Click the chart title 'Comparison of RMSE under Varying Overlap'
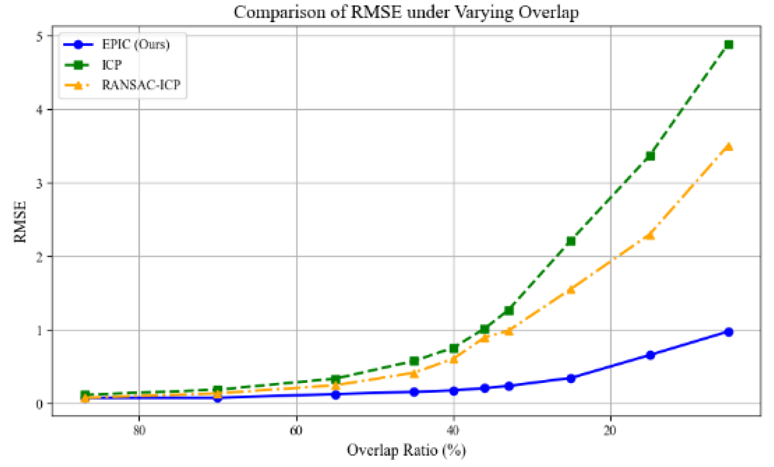[406, 12]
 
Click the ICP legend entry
[112, 65]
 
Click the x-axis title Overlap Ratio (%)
[406, 450]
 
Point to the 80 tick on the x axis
[139, 430]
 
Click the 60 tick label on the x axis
[296, 430]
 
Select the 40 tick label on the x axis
[454, 430]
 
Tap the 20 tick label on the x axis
[610, 430]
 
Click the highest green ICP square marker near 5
[728, 44]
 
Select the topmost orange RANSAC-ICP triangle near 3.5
[728, 146]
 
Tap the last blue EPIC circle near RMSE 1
[728, 332]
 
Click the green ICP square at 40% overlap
[454, 348]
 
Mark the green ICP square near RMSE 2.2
[571, 241]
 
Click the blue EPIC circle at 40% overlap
[454, 390]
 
